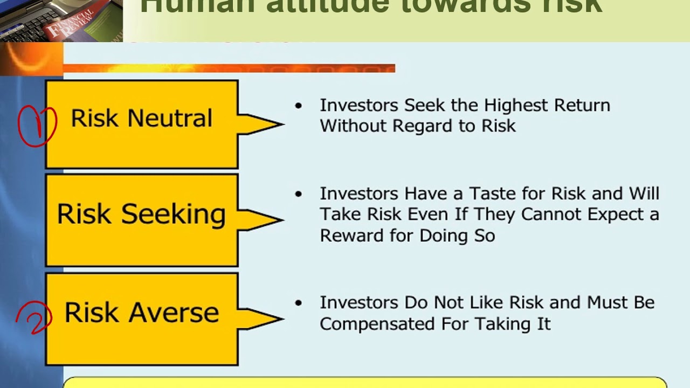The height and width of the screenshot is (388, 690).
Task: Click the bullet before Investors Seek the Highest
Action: click(299, 106)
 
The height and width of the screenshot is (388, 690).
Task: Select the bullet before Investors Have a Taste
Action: click(299, 194)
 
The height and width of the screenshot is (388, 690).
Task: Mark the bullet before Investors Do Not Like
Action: click(299, 303)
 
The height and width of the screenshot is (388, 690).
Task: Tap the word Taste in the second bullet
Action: click(489, 193)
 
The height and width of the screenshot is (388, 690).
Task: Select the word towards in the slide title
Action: click(469, 5)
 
